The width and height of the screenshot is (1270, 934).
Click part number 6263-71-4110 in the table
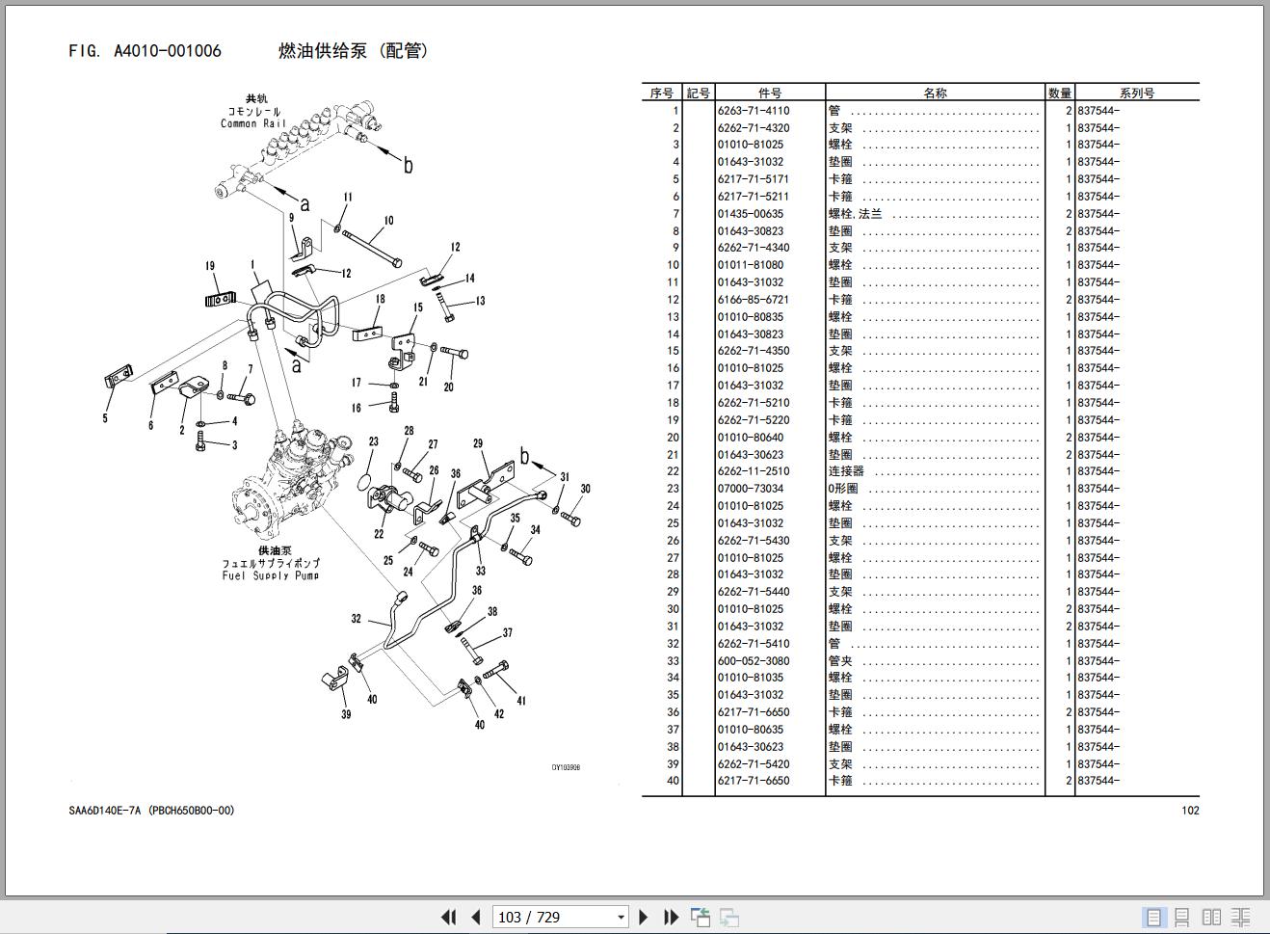click(x=753, y=111)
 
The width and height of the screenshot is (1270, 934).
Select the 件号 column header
click(x=769, y=93)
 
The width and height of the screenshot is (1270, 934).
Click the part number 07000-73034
click(x=750, y=489)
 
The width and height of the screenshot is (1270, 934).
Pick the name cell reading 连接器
click(x=846, y=471)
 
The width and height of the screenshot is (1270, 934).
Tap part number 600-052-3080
click(x=753, y=660)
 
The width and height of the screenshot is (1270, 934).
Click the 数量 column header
click(x=1059, y=93)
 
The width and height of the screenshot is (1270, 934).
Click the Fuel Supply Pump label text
click(x=271, y=575)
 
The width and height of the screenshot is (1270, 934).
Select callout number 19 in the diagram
click(x=210, y=266)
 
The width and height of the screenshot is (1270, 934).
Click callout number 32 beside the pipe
click(x=356, y=618)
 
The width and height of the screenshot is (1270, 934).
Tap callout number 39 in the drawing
click(x=346, y=714)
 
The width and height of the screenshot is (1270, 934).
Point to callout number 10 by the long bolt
click(x=388, y=221)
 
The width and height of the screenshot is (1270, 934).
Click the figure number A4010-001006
click(x=168, y=51)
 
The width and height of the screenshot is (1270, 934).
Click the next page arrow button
click(x=643, y=917)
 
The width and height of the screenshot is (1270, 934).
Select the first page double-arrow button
click(x=448, y=917)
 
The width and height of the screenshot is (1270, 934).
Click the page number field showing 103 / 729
click(x=560, y=917)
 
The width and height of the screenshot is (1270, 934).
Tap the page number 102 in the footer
click(x=1190, y=811)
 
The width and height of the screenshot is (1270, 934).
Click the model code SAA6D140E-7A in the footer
click(x=105, y=811)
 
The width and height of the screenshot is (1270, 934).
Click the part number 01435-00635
click(x=750, y=214)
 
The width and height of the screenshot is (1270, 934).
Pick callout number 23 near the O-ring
click(x=373, y=441)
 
